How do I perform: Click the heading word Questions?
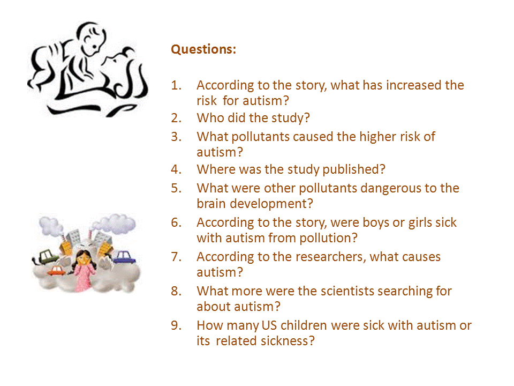point(203,49)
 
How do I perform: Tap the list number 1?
point(176,85)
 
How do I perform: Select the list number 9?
point(176,325)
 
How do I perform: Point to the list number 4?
point(176,169)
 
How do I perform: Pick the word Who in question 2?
point(210,118)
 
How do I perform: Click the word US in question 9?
point(269,325)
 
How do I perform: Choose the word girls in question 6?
point(420,223)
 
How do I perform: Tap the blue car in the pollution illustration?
point(125,257)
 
